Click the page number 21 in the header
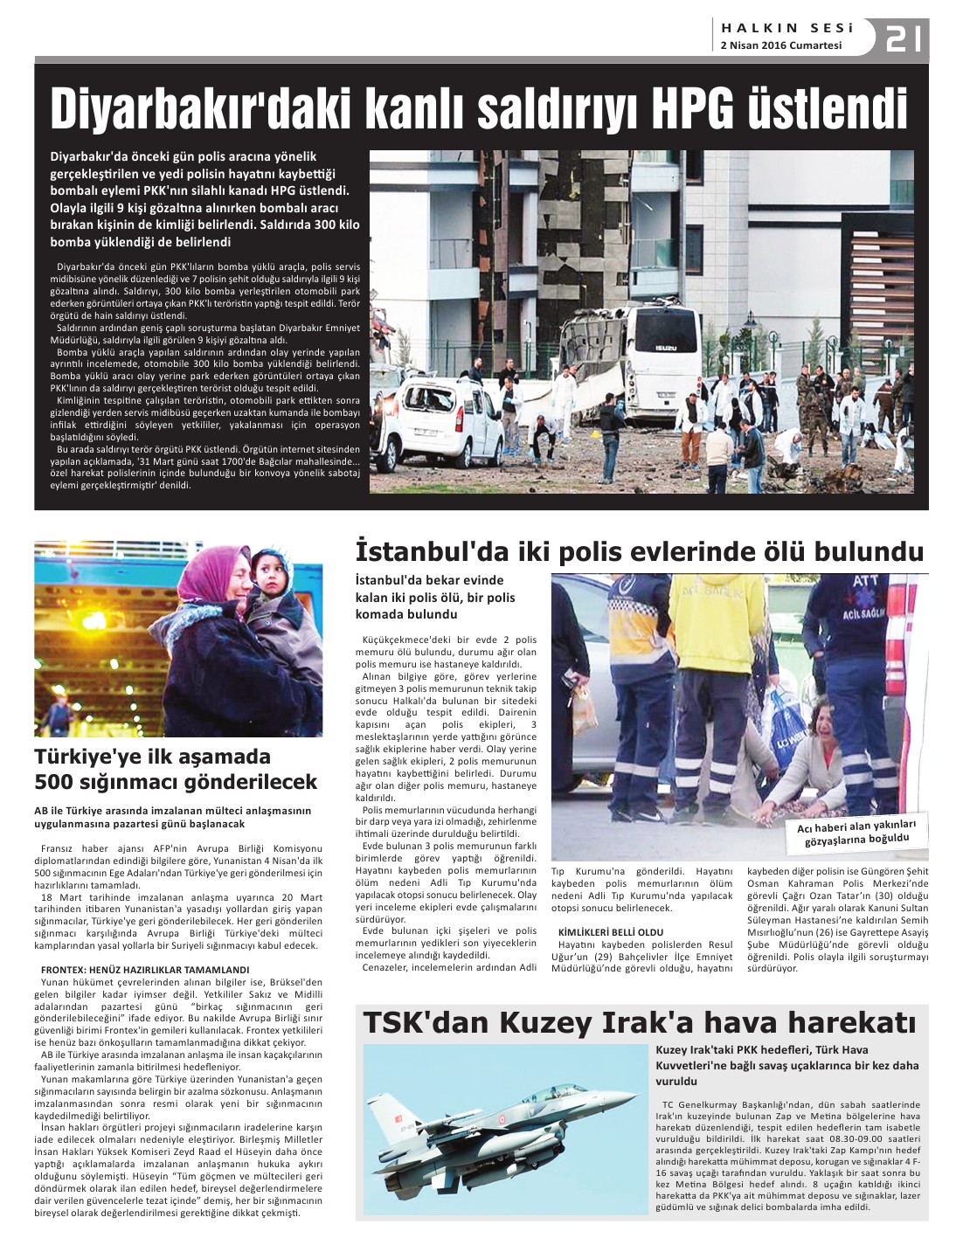pyautogui.click(x=903, y=39)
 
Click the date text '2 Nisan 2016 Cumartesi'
pyautogui.click(x=780, y=45)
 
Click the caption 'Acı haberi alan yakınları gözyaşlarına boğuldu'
pyautogui.click(x=856, y=833)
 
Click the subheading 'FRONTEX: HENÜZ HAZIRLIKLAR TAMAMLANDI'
pyautogui.click(x=145, y=970)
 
